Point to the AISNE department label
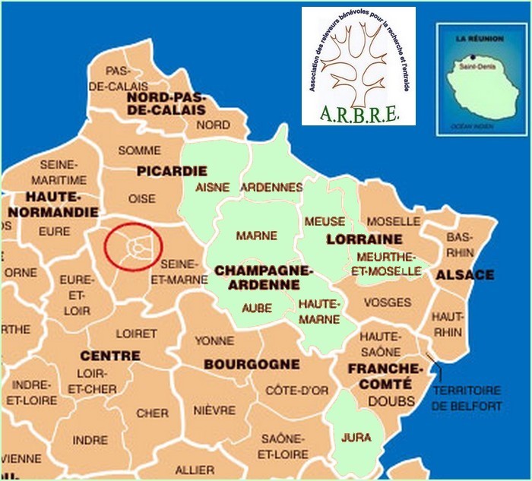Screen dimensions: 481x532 [x=213, y=187]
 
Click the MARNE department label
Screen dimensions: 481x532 [x=256, y=236]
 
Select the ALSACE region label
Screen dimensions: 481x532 [x=464, y=274]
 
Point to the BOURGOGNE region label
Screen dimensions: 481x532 [x=252, y=364]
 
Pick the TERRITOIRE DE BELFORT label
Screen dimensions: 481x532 [x=467, y=398]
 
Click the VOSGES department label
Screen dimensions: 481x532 [x=387, y=302]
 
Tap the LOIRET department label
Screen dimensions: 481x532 [x=137, y=333]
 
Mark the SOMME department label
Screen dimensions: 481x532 [x=139, y=150]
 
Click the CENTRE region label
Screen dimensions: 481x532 [x=110, y=355]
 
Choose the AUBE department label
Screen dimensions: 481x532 [x=256, y=307]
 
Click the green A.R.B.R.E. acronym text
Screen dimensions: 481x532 [x=359, y=115]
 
